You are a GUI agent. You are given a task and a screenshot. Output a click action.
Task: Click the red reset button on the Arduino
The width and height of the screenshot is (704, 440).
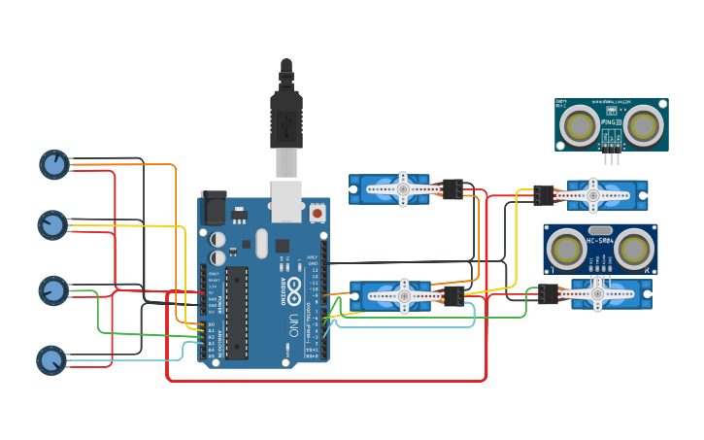click(317, 212)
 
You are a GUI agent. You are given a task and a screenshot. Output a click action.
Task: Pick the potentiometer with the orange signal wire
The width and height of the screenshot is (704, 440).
click(54, 164)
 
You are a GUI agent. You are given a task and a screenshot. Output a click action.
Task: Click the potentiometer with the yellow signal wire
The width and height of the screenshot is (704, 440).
click(52, 225)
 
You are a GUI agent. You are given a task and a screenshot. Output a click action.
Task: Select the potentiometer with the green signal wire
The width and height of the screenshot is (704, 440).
click(53, 290)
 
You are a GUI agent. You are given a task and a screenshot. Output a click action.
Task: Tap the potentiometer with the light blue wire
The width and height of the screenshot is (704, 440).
click(51, 360)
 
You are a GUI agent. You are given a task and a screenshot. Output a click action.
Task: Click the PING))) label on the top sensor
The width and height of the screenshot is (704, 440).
click(612, 122)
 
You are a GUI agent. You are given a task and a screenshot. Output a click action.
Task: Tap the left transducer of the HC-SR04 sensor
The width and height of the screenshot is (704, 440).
click(566, 250)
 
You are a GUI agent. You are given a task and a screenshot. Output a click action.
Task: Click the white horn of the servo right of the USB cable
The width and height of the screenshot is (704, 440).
click(400, 189)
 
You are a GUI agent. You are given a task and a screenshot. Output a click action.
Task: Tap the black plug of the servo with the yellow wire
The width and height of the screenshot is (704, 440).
click(543, 195)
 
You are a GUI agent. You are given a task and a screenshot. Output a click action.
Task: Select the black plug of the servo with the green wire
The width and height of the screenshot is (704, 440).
click(549, 293)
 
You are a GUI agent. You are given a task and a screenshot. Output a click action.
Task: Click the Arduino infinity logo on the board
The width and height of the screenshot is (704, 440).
click(293, 288)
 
